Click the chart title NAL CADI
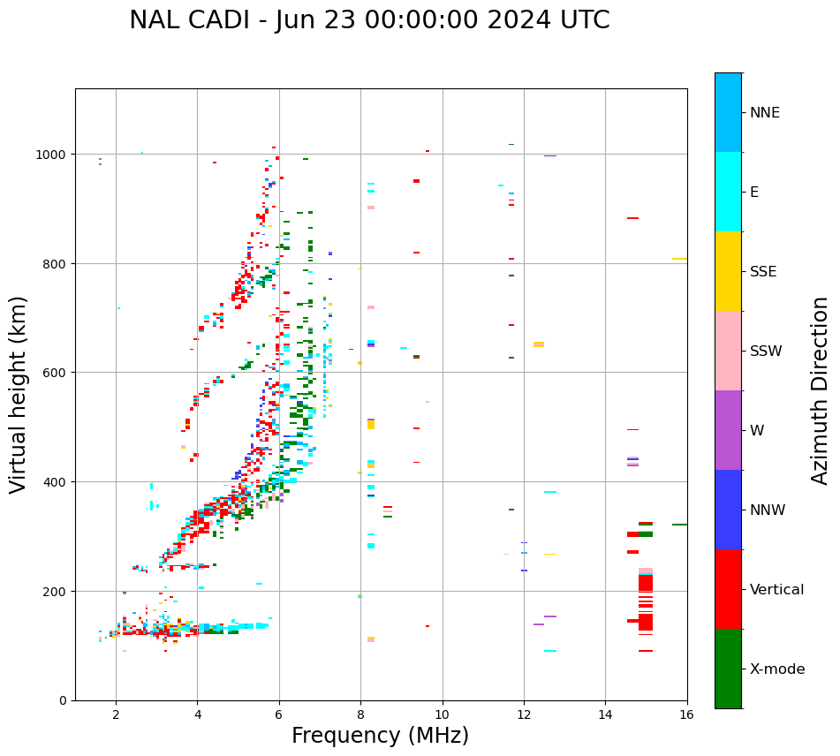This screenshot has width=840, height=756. point(369,20)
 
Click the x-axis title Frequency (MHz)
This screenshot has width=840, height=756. point(380,736)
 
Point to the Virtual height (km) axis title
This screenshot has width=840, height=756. point(19,394)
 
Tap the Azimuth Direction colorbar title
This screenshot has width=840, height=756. point(820,390)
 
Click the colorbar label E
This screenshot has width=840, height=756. point(754,192)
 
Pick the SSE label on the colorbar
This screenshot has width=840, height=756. point(763,271)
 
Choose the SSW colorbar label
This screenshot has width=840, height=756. point(766,351)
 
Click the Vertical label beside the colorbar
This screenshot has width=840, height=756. point(776,589)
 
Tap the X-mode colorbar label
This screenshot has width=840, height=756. point(777,669)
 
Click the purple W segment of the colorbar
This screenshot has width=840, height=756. point(728,430)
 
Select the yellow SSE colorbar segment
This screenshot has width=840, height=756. point(728,271)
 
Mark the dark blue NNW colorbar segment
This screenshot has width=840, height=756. point(728,510)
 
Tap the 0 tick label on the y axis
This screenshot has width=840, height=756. point(64,700)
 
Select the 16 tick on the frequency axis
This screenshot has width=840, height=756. point(686,714)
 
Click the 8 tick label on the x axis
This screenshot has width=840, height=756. point(360,714)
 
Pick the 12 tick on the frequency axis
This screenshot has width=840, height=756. point(524,714)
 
